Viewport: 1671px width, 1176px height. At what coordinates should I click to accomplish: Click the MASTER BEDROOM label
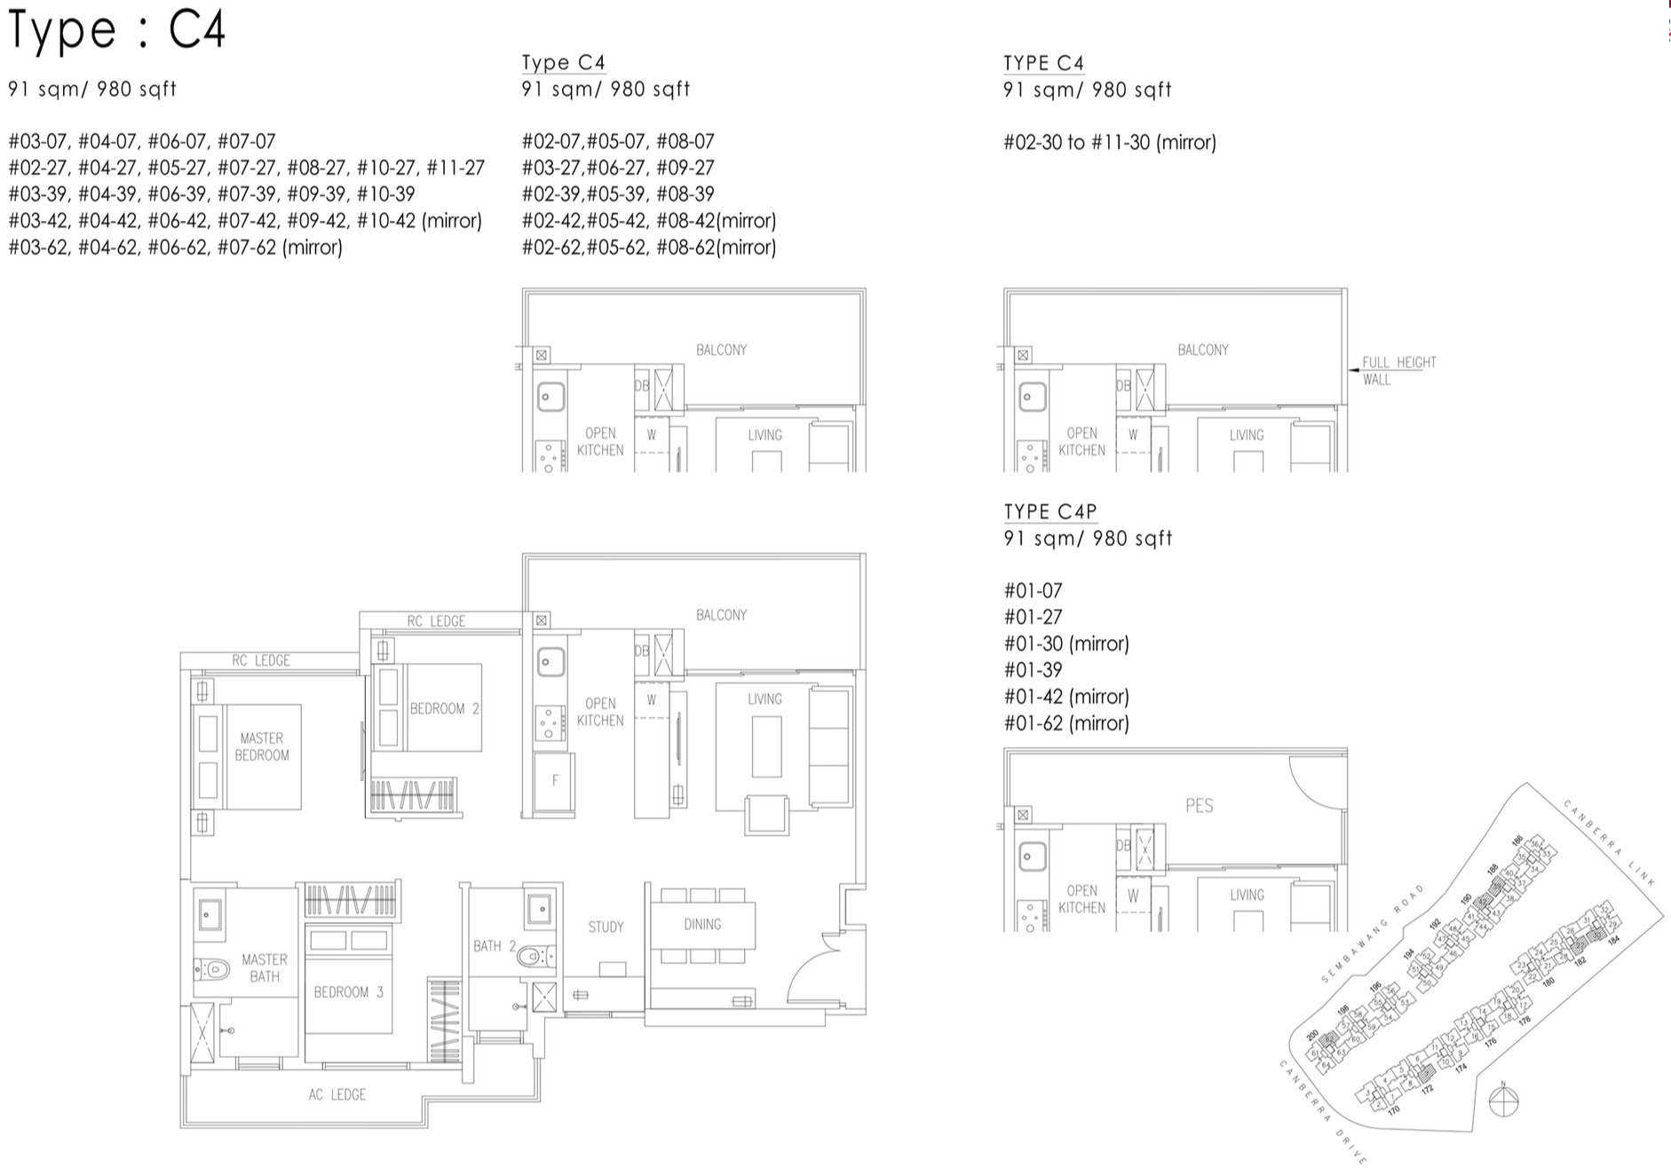pos(262,746)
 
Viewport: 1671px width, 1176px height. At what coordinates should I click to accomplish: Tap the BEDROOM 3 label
pos(348,991)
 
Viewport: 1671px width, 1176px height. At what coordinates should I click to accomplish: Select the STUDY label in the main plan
pos(606,927)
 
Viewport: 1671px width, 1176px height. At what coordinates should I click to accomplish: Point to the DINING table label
pos(702,924)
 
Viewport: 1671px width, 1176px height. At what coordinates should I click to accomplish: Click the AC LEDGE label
pos(337,1094)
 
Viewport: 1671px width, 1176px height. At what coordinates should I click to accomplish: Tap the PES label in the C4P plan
pos(1199,806)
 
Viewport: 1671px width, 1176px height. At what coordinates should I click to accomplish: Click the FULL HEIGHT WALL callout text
pos(1398,370)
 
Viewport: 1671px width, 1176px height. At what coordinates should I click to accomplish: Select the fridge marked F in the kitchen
pos(555,780)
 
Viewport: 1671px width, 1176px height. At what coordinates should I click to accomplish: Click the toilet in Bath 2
pos(534,956)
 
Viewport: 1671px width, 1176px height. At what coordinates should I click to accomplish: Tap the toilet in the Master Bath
pos(214,967)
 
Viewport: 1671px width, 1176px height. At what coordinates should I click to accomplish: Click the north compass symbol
pos(1503,1101)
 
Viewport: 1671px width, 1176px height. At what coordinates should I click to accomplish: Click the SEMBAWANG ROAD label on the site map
pos(1372,933)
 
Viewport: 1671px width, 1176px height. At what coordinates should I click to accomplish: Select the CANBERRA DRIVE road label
pos(1321,1110)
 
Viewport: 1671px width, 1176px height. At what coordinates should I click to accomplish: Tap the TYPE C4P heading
pos(1050,511)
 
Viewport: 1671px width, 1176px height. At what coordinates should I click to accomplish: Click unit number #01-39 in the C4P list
pos(1033,670)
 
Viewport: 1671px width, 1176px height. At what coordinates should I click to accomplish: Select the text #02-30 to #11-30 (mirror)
pos(1109,142)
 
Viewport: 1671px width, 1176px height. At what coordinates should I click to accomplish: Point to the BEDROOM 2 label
pos(444,708)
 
